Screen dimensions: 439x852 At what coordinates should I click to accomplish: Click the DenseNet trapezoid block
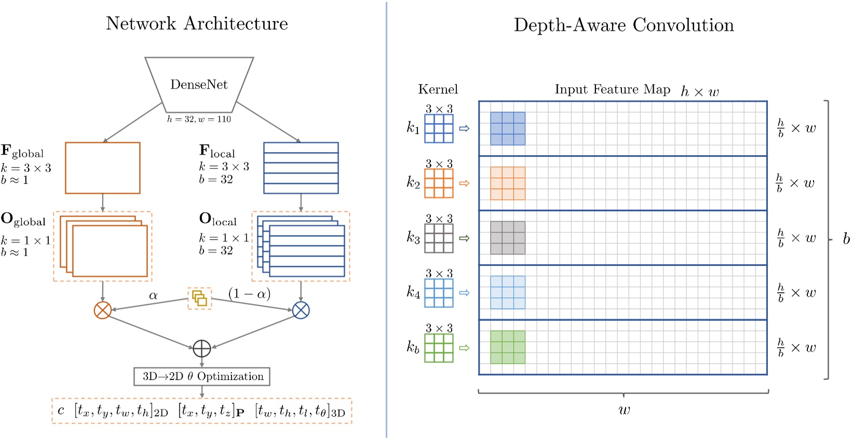[x=199, y=85]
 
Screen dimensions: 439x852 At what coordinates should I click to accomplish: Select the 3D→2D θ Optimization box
[x=202, y=376]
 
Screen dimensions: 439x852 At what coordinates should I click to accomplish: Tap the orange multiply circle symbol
[x=102, y=310]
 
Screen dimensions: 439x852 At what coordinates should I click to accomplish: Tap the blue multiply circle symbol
[x=301, y=310]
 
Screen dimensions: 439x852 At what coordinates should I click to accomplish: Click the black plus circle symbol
[x=201, y=349]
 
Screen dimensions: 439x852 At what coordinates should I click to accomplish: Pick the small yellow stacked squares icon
[x=199, y=298]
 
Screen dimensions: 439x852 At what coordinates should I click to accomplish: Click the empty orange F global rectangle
[x=102, y=168]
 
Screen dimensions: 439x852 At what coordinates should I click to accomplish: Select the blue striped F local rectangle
[x=301, y=168]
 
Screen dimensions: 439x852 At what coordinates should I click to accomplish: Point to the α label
[x=153, y=295]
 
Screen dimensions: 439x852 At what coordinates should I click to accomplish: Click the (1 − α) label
[x=249, y=294]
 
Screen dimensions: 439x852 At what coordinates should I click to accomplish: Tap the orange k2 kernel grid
[x=439, y=183]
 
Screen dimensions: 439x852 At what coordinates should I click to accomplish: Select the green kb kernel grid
[x=439, y=348]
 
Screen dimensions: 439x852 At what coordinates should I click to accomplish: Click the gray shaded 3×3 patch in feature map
[x=507, y=238]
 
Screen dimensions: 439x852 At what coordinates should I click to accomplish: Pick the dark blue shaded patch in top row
[x=507, y=128]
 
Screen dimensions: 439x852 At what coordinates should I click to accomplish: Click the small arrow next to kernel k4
[x=465, y=293]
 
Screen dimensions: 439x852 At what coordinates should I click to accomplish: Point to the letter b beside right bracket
[x=846, y=239]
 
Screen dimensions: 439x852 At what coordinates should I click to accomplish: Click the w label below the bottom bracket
[x=624, y=410]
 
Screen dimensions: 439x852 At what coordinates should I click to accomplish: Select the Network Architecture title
[x=197, y=23]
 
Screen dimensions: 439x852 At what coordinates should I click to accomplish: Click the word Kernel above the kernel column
[x=438, y=89]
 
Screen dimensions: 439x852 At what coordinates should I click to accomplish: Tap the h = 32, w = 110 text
[x=199, y=119]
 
